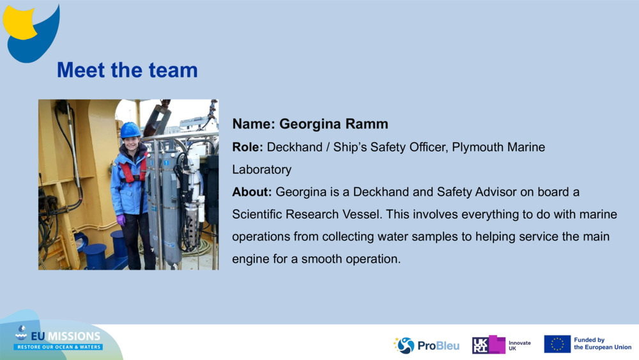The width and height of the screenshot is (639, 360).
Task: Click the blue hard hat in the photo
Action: coord(130,130)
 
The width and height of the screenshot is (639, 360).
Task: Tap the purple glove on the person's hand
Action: coord(121,220)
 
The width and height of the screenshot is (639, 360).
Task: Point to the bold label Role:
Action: coord(247,147)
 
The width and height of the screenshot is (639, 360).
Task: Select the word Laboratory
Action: coord(261,169)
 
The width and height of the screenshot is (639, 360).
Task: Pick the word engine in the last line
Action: coord(250,259)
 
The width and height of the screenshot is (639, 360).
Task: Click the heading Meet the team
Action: coord(127,70)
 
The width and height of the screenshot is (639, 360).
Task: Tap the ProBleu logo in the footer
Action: coord(426,345)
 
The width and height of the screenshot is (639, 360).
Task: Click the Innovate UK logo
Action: coord(501,345)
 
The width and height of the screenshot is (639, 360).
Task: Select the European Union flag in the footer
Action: coord(557,344)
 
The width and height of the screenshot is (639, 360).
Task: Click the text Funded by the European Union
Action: coord(602,344)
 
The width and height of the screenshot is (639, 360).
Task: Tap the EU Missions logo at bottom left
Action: coord(58,339)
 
